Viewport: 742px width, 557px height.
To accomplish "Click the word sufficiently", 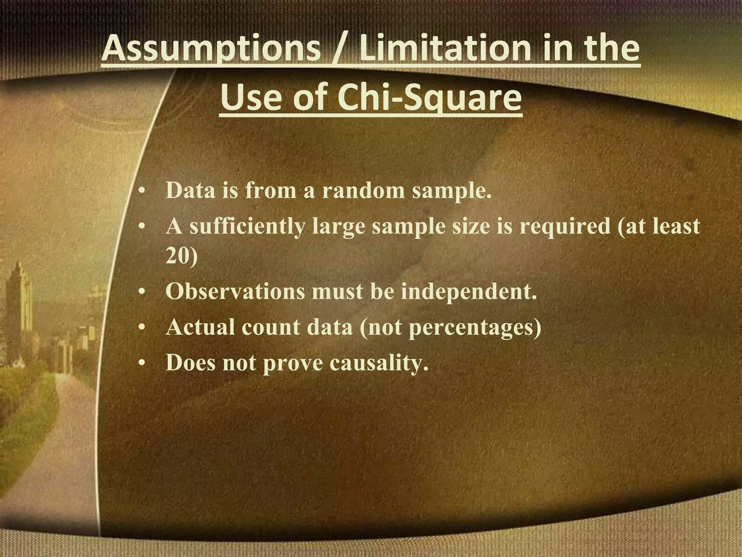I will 247,226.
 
